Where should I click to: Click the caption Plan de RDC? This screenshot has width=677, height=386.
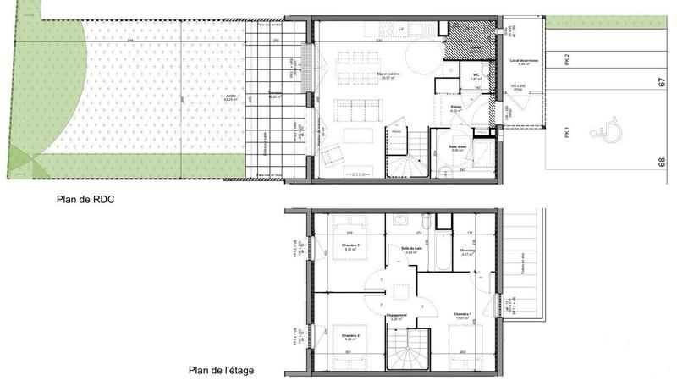[82, 200]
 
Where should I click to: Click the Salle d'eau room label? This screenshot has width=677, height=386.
[459, 146]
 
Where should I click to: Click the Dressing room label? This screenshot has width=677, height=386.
[468, 251]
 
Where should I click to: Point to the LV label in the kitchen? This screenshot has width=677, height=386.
[401, 28]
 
